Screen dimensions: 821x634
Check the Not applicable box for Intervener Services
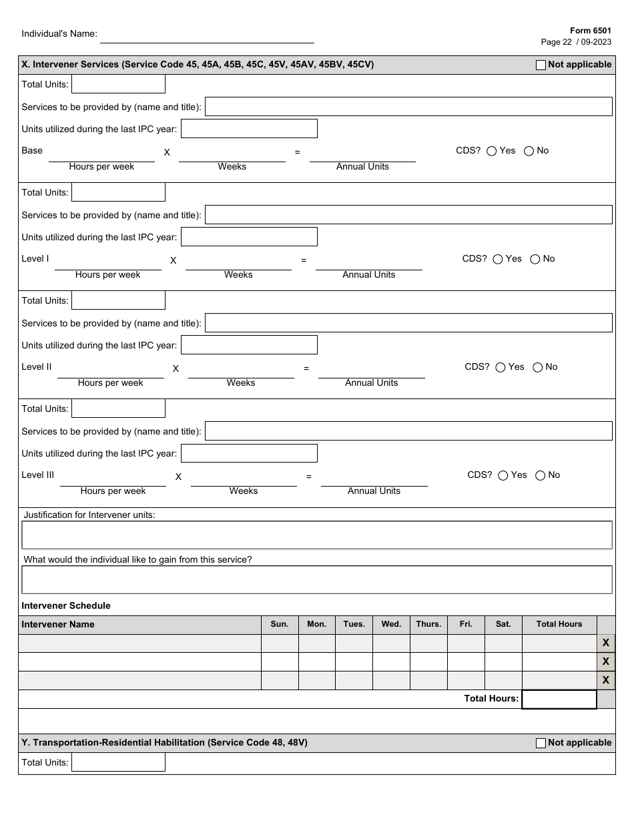(x=541, y=65)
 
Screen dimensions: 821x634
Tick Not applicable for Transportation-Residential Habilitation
(x=541, y=743)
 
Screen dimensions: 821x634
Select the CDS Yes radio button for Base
(x=492, y=152)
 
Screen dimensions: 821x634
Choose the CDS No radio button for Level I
(x=535, y=260)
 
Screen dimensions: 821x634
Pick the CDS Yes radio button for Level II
(x=501, y=368)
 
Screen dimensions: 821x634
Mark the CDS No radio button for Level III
(x=541, y=476)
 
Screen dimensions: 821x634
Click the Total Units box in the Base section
(x=118, y=84)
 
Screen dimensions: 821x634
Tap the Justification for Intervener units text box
(x=317, y=535)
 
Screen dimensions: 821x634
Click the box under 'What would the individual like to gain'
(x=317, y=580)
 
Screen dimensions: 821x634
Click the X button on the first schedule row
(x=606, y=643)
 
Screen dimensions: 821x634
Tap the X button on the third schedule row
(x=606, y=681)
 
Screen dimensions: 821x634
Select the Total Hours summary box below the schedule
(x=559, y=699)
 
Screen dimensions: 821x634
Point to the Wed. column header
(x=391, y=624)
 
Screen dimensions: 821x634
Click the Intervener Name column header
(x=58, y=625)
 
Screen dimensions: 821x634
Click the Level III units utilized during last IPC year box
(x=249, y=454)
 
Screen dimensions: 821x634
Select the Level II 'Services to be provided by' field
(x=408, y=323)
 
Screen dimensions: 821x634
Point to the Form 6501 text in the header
(x=590, y=31)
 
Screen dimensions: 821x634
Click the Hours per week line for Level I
(x=108, y=264)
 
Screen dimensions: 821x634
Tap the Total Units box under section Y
(x=118, y=762)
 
